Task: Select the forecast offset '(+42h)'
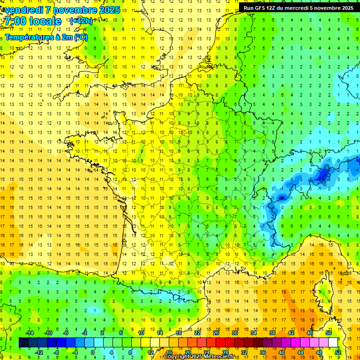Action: (x=81, y=21)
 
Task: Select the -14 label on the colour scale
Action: (x=29, y=333)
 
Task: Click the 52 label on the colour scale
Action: (x=338, y=352)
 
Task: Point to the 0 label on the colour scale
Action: (x=92, y=352)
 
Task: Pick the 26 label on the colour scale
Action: (x=216, y=333)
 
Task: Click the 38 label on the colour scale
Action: (x=272, y=333)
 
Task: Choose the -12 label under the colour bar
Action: (x=39, y=352)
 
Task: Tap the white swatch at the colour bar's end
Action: (x=333, y=343)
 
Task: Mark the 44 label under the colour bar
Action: (x=300, y=352)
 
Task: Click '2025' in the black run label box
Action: (x=347, y=8)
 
